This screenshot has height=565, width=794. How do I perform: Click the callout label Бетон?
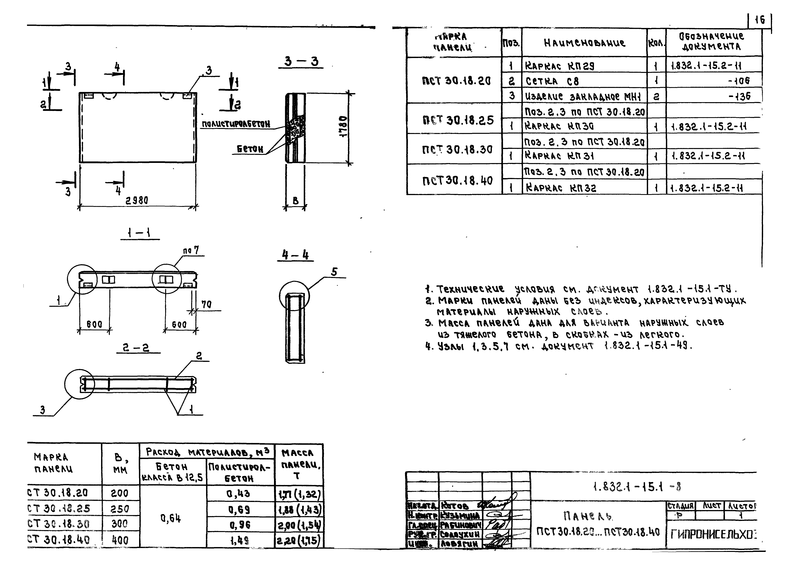(250, 149)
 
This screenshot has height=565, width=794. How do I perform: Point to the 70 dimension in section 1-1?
(206, 304)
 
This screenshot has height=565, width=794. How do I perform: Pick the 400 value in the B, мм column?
(120, 540)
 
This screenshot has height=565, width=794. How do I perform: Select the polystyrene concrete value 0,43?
(240, 493)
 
